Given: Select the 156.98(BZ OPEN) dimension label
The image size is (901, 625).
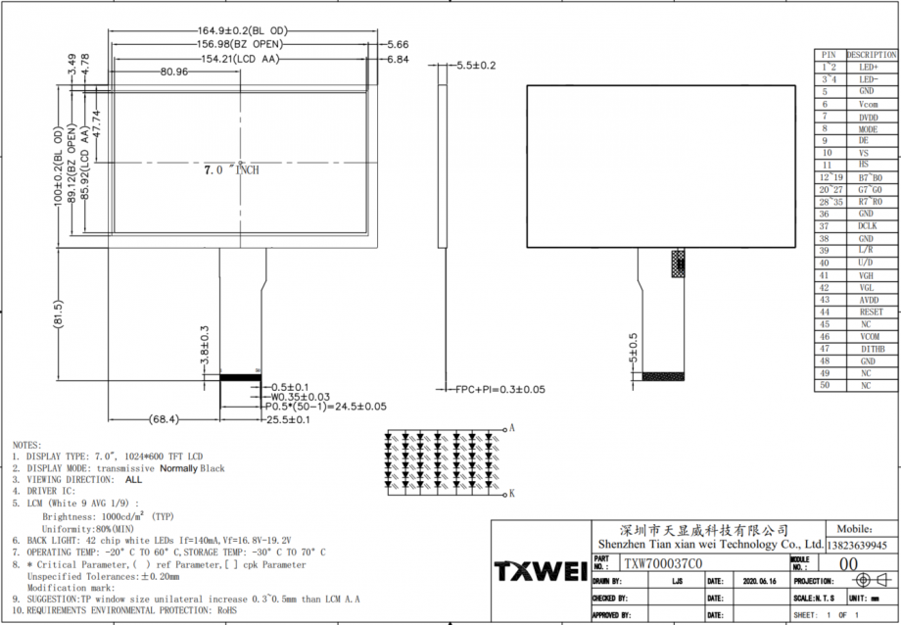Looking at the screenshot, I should [240, 44].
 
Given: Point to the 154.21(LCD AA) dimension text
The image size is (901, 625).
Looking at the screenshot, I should [240, 59].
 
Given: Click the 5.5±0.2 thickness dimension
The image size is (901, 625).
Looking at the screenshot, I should [477, 66].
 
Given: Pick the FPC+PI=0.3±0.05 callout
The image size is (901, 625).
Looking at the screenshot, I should [499, 389].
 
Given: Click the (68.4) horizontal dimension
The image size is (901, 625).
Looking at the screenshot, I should [164, 419].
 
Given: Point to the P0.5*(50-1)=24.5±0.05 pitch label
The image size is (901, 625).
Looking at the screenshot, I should [324, 406].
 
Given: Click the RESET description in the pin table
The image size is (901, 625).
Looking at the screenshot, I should [870, 312].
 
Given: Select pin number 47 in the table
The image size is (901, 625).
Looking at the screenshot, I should [826, 349].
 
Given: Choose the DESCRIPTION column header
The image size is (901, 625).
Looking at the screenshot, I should [871, 55].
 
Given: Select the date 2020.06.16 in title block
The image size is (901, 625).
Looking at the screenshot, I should [760, 580].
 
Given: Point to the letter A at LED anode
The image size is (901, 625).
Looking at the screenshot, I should [510, 429].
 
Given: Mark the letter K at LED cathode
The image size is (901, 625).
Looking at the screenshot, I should [510, 494].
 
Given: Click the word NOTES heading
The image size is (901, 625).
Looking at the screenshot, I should [26, 445].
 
